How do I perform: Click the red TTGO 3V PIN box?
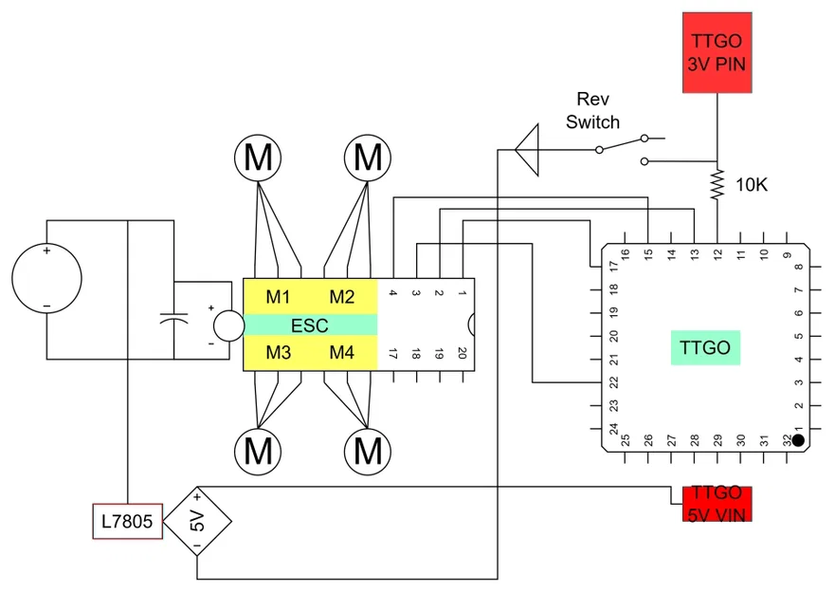[x=717, y=53]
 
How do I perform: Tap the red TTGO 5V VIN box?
[x=717, y=504]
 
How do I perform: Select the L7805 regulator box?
[x=127, y=521]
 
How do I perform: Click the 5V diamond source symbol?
[x=197, y=521]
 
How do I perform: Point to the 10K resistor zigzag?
[x=717, y=184]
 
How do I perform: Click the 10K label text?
[x=752, y=185]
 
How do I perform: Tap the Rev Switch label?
[x=592, y=110]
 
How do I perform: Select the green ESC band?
[x=311, y=324]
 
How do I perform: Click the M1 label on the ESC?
[x=278, y=297]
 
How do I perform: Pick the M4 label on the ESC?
[x=341, y=353]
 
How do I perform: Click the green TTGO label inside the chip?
[x=705, y=347]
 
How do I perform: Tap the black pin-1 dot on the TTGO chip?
[x=798, y=440]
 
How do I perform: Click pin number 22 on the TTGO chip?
[x=614, y=382]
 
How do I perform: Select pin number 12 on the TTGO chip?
[x=717, y=255]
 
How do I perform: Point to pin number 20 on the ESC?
[x=462, y=353]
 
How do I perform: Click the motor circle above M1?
[x=258, y=158]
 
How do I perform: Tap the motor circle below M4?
[x=368, y=451]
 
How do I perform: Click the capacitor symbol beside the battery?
[x=173, y=319]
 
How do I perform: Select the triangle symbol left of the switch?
[x=527, y=150]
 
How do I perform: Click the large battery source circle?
[x=46, y=278]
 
